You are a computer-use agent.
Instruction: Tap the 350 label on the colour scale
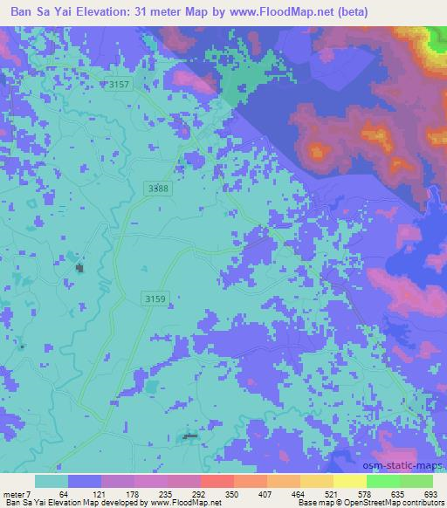(232, 494)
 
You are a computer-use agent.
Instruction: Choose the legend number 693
(432, 494)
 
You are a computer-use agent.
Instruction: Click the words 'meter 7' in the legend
(17, 494)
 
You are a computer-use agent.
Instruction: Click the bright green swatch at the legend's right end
(416, 481)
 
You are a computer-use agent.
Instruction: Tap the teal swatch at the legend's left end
(52, 481)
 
